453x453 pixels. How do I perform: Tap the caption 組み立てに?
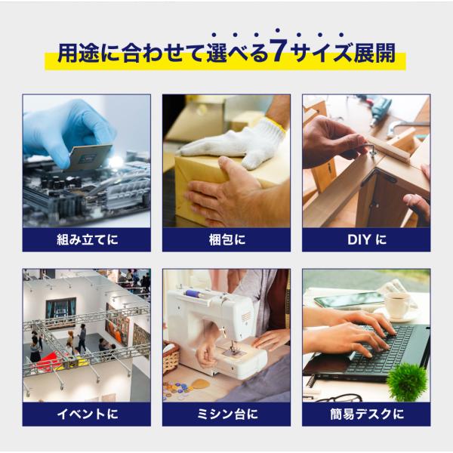point(87,239)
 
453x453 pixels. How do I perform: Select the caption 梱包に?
point(226,239)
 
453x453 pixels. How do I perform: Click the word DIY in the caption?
point(359,239)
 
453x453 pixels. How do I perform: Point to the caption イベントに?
point(87,414)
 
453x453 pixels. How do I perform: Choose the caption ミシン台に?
point(226,414)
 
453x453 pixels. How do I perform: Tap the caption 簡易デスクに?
point(367,414)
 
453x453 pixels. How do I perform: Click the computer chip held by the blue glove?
point(90,157)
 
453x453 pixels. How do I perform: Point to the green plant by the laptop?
point(408,381)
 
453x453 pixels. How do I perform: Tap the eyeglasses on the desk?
point(338,398)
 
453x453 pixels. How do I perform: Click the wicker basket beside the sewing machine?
point(171,358)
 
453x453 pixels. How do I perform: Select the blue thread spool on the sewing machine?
point(196,294)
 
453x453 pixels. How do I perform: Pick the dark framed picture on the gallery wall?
point(60,308)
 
